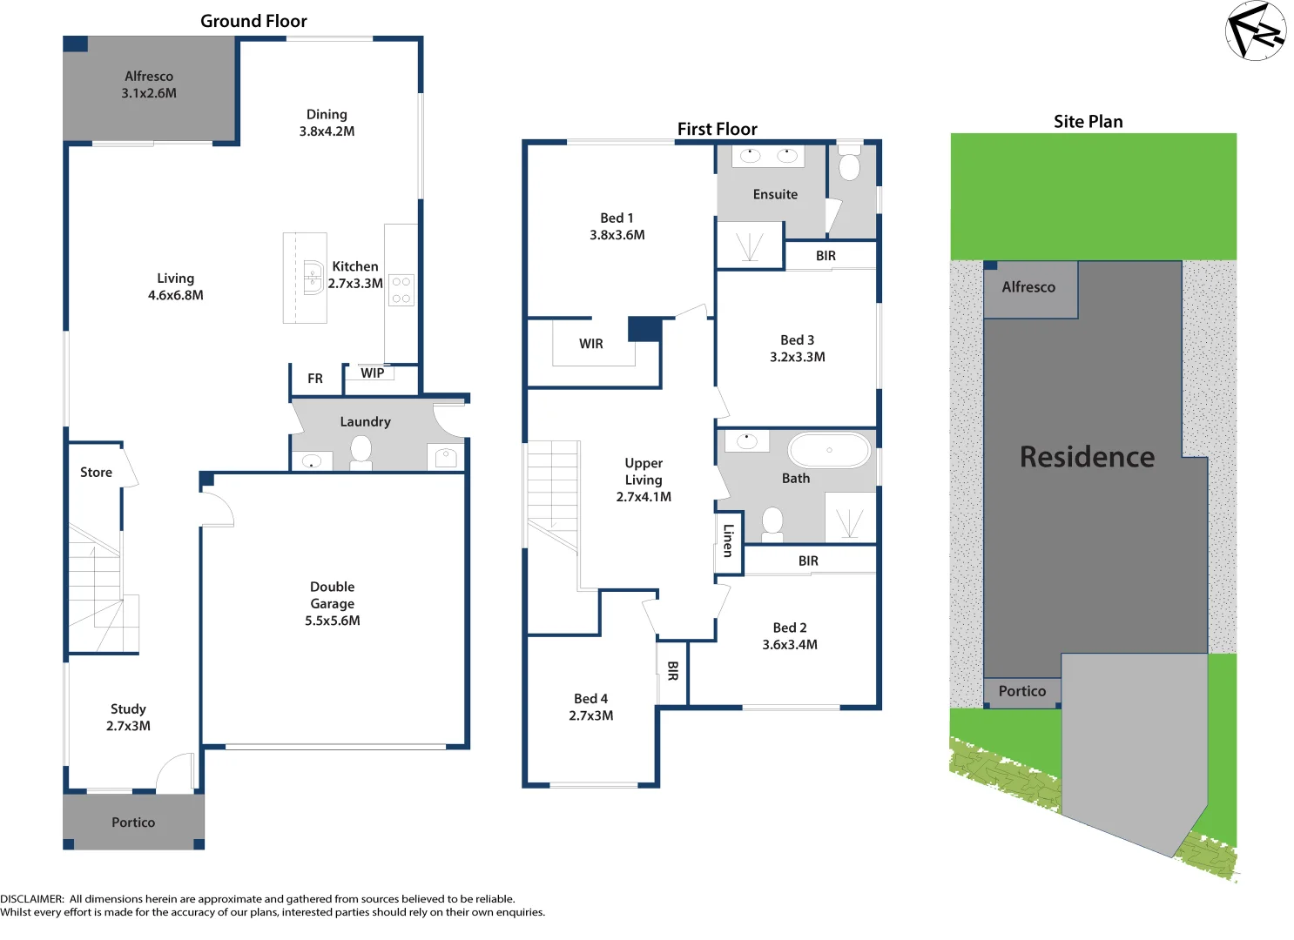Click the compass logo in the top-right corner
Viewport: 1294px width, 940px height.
pyautogui.click(x=1255, y=31)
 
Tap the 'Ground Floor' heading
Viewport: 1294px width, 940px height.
pyautogui.click(x=253, y=21)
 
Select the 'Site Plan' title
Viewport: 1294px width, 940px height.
pyautogui.click(x=1088, y=122)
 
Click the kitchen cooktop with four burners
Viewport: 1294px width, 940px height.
pyautogui.click(x=401, y=291)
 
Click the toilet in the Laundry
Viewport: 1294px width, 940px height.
pyautogui.click(x=361, y=451)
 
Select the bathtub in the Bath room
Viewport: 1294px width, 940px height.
pyautogui.click(x=828, y=451)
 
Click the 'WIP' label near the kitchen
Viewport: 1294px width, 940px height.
pyautogui.click(x=373, y=373)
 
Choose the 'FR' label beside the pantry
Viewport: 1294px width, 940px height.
pyautogui.click(x=315, y=379)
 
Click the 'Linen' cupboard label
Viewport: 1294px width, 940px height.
pyautogui.click(x=728, y=540)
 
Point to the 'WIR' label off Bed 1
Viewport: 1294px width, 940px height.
pyautogui.click(x=591, y=344)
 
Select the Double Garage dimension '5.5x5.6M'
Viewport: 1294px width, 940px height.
pyautogui.click(x=333, y=621)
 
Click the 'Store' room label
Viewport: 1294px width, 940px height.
pyautogui.click(x=96, y=473)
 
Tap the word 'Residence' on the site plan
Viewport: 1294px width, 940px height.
pyautogui.click(x=1087, y=457)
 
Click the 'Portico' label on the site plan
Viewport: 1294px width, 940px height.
pyautogui.click(x=1021, y=691)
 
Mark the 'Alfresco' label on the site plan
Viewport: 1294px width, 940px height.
pyautogui.click(x=1028, y=287)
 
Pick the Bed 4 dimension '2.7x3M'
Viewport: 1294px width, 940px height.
pyautogui.click(x=591, y=715)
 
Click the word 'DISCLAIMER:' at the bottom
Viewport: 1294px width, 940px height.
pyautogui.click(x=32, y=899)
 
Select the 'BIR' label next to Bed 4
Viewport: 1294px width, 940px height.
pyautogui.click(x=672, y=670)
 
